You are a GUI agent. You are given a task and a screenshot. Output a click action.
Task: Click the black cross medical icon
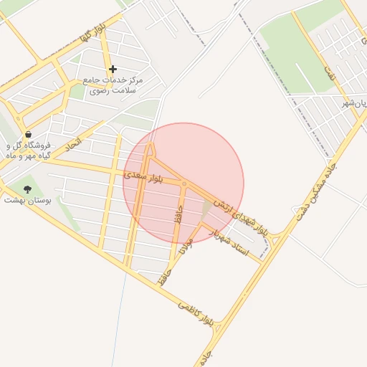[113, 69]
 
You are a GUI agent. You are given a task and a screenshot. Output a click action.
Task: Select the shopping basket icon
[28, 134]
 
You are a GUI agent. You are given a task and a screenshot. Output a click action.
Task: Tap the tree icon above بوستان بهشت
[28, 189]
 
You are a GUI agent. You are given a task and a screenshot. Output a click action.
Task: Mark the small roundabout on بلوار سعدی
[184, 184]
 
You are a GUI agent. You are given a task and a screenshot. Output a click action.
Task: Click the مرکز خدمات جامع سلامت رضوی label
[113, 85]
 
